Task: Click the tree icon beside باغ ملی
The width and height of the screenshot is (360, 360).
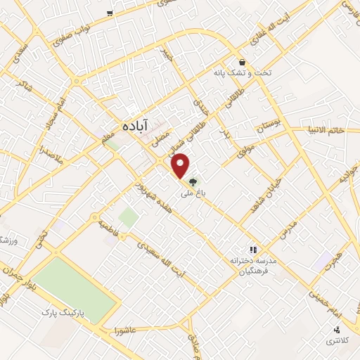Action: click(193, 181)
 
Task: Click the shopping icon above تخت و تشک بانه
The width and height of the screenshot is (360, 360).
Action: click(242, 62)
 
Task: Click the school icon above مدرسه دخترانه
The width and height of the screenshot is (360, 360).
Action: click(253, 249)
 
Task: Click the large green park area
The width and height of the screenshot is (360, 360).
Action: click(75, 288)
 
